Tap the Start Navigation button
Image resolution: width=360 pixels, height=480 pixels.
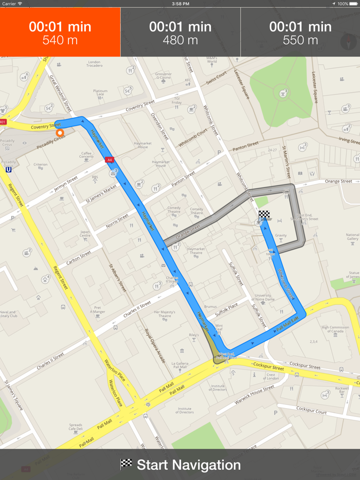point(180,465)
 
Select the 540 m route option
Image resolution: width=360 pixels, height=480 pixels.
point(60,32)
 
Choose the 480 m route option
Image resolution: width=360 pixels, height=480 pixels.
point(180,32)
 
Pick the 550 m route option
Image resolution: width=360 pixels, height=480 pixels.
point(300,32)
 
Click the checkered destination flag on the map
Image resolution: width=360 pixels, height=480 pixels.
point(264,215)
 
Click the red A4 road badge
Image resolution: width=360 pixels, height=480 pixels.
point(109,160)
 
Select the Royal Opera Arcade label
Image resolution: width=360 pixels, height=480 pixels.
point(154,346)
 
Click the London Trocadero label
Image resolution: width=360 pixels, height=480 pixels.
point(94,64)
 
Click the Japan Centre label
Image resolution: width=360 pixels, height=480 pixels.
point(86,234)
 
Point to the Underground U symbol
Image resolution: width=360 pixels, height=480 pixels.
point(8,169)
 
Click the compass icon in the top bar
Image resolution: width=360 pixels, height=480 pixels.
point(350,41)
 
